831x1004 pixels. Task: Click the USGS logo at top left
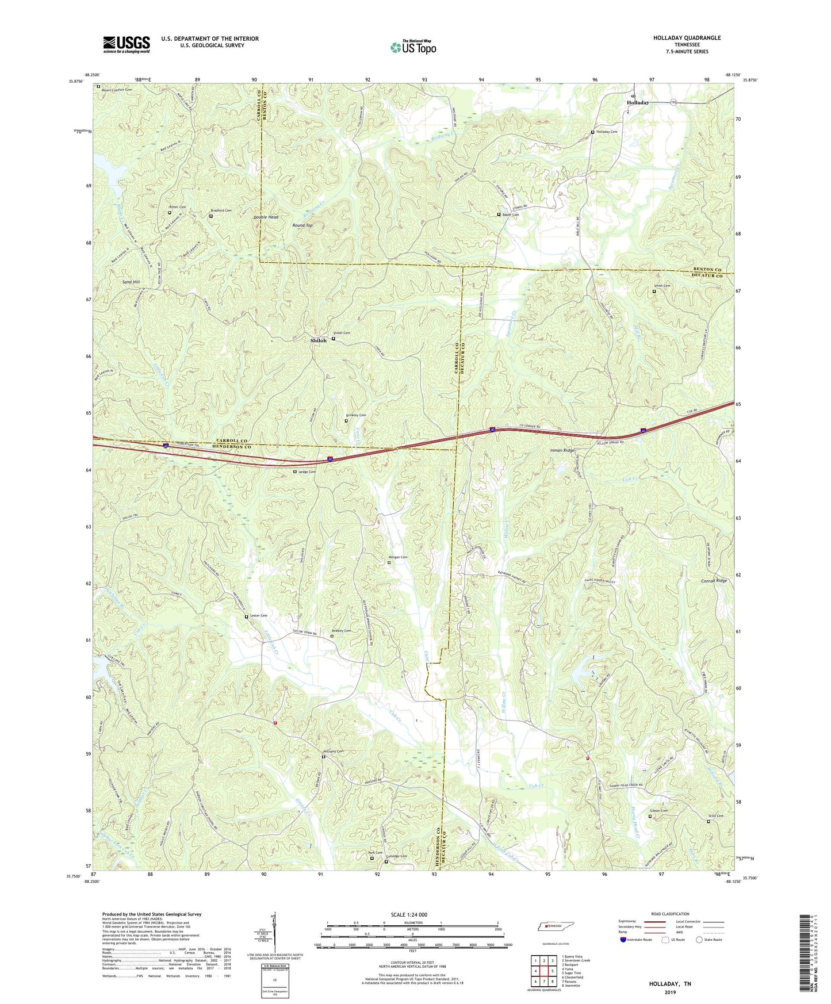click(127, 44)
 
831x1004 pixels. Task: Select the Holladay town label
click(637, 102)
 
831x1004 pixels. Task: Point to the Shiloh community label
click(318, 340)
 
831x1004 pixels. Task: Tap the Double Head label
click(266, 217)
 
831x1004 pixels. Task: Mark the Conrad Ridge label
click(714, 581)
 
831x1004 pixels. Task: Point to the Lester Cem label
click(259, 616)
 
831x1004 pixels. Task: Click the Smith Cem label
click(662, 286)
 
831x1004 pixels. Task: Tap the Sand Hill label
click(131, 282)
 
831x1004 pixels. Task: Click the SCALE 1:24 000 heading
click(409, 915)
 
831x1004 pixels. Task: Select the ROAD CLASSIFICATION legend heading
click(670, 914)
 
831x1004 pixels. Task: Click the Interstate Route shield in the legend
click(625, 940)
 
